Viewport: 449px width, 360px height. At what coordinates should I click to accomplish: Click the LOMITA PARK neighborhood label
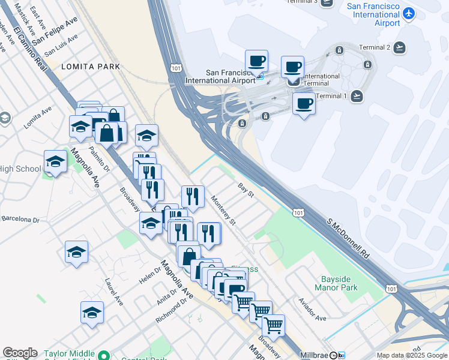91,67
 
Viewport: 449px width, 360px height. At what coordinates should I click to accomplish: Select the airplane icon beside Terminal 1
357,96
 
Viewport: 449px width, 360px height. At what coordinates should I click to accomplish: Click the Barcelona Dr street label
20,220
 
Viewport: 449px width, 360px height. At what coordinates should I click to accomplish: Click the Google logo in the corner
20,353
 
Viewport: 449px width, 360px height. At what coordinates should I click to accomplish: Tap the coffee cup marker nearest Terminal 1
304,104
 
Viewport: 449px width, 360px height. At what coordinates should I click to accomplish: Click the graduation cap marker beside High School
55,162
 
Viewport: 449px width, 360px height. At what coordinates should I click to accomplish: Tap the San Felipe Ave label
55,31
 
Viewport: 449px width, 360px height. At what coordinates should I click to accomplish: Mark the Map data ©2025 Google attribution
412,355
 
